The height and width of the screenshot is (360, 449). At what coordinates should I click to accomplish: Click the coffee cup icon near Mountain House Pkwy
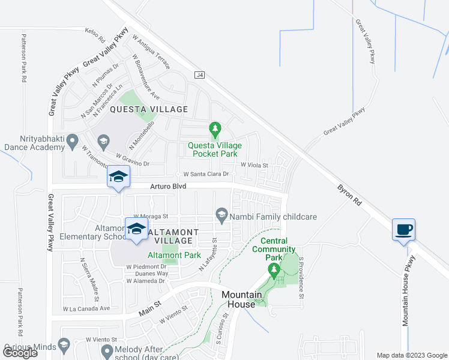pos(403,229)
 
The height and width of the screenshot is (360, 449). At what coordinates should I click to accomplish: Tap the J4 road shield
pos(200,75)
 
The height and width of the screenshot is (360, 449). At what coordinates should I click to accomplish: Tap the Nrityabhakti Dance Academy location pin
pos(73,142)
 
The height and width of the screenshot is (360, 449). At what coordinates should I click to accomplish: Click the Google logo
pos(20,352)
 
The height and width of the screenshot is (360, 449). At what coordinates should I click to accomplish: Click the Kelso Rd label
pos(95,31)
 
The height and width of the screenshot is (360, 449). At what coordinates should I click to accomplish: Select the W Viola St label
pos(253,164)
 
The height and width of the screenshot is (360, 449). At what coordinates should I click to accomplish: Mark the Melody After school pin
pos(107,350)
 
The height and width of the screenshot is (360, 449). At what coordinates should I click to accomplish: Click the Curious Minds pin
pos(64,346)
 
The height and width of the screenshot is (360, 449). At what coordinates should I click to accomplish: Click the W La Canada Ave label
pos(86,309)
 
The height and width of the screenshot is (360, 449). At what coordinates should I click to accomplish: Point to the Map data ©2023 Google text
pos(411,355)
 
